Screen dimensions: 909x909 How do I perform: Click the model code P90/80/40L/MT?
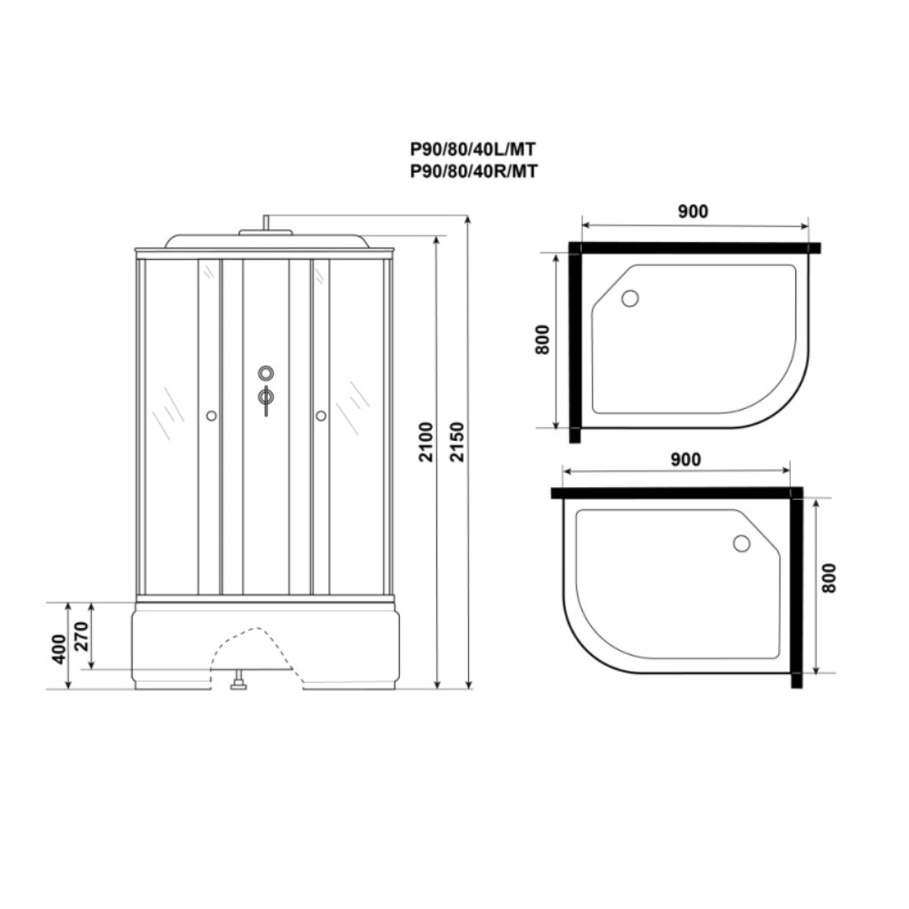pyautogui.click(x=473, y=150)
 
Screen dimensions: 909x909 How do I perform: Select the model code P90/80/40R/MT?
pyautogui.click(x=474, y=172)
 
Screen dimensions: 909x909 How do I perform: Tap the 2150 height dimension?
pyautogui.click(x=457, y=442)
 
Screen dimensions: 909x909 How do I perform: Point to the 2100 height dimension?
pyautogui.click(x=426, y=442)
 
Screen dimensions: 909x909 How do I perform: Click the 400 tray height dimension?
pyautogui.click(x=59, y=649)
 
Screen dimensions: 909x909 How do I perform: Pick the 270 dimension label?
pyautogui.click(x=82, y=636)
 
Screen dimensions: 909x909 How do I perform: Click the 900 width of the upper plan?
pyautogui.click(x=693, y=212)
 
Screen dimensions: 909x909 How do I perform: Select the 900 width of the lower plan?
pyautogui.click(x=685, y=460)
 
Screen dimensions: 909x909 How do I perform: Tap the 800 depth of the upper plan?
pyautogui.click(x=542, y=340)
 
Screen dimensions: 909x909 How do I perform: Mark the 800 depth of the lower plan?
pyautogui.click(x=829, y=578)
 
